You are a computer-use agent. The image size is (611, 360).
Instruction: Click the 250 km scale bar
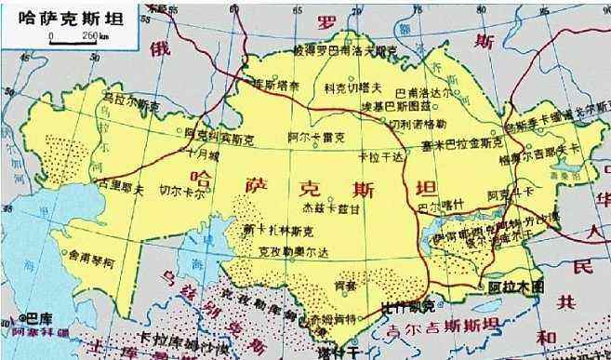pyautogui.click(x=75, y=41)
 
